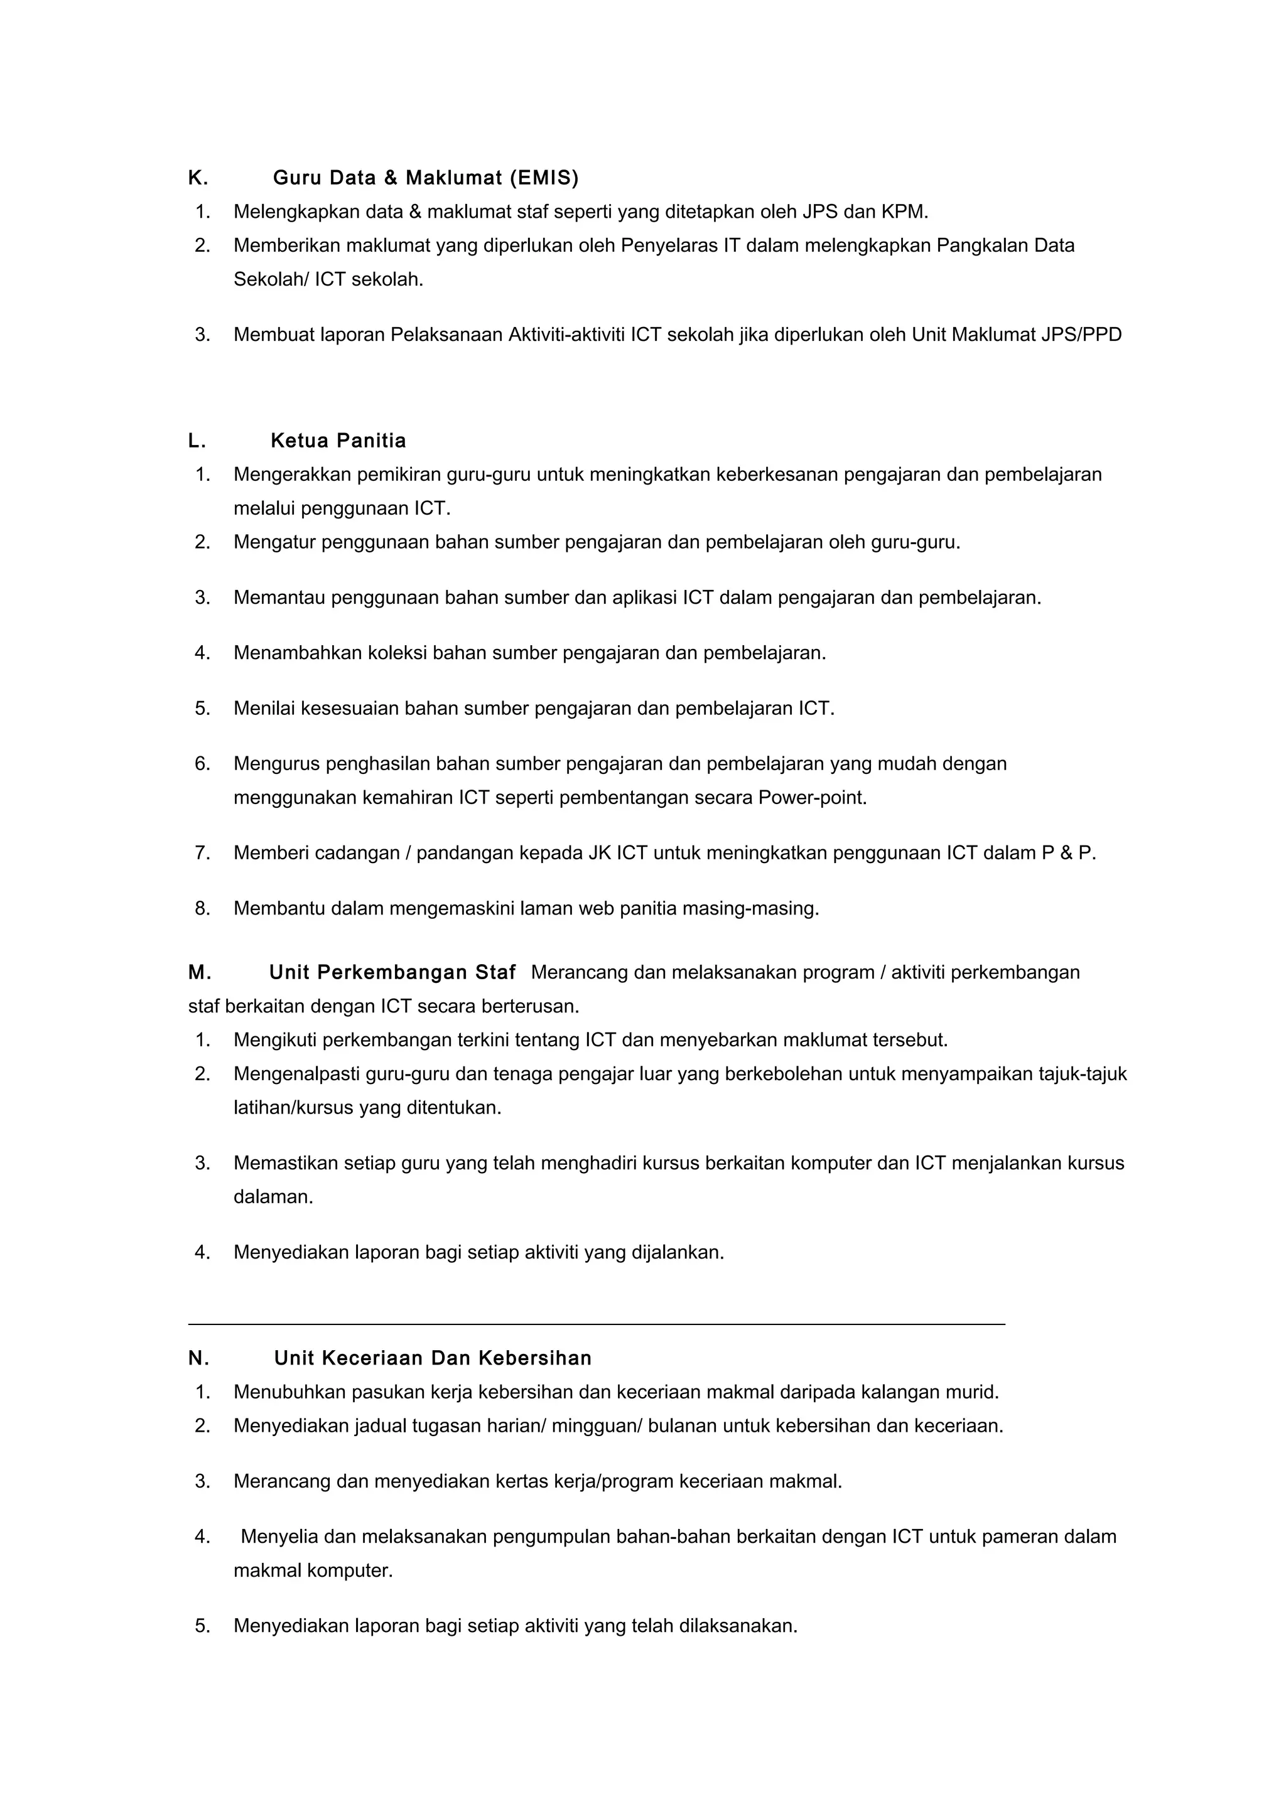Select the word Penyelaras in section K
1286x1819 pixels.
tap(669, 245)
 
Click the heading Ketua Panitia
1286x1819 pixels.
tap(338, 441)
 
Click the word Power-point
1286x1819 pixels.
tap(811, 798)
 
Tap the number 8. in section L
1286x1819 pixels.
tap(203, 909)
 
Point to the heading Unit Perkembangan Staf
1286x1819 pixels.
tap(392, 972)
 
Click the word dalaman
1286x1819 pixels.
tap(273, 1197)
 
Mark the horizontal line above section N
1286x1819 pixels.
tap(596, 1324)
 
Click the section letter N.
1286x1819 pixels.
tap(198, 1359)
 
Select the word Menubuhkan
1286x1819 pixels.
tap(289, 1392)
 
